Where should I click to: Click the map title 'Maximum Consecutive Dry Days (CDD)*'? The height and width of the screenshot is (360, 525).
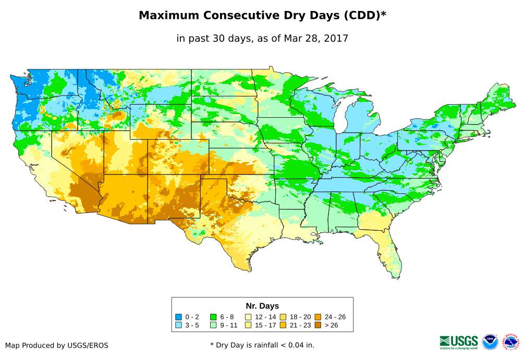click(262, 16)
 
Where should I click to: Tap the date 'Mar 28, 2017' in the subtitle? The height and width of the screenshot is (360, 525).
click(316, 38)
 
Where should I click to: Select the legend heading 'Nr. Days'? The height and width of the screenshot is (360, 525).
click(262, 306)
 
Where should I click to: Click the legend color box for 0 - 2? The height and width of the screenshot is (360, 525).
click(179, 317)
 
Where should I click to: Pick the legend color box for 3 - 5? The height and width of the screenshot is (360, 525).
click(179, 325)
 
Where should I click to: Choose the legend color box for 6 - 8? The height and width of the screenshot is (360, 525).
click(213, 317)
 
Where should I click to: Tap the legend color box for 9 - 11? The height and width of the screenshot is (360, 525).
click(213, 325)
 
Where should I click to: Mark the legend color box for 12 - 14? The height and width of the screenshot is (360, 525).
click(248, 317)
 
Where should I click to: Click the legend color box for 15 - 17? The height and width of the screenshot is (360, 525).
click(248, 325)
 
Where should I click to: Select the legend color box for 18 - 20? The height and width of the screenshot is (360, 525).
click(283, 317)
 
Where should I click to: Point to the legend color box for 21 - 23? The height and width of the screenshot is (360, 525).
click(283, 325)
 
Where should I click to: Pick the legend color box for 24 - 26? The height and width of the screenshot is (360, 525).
click(318, 317)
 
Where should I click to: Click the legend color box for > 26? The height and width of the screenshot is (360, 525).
click(318, 325)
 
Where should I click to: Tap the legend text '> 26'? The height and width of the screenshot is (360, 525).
click(332, 325)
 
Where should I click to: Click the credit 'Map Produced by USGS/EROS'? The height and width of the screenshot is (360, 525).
click(57, 345)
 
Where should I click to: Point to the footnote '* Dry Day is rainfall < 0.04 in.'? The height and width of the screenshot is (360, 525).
click(262, 345)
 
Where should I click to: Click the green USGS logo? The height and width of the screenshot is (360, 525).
click(459, 342)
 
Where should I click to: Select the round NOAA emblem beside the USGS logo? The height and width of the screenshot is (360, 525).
click(490, 342)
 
